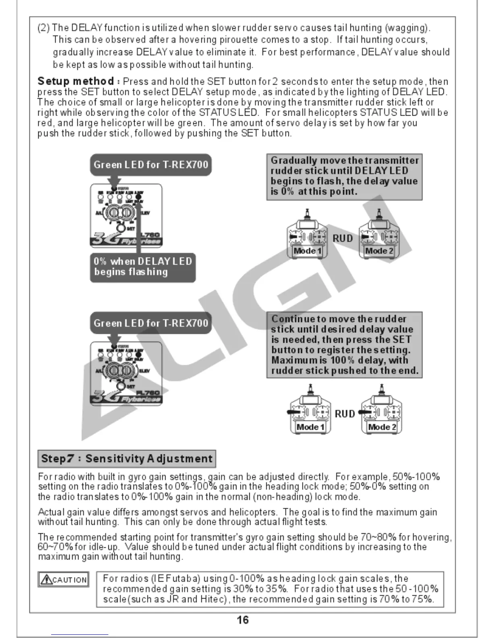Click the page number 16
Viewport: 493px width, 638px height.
tap(242, 620)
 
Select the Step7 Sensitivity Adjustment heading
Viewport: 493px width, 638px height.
tap(126, 459)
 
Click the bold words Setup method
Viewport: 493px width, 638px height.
tap(75, 81)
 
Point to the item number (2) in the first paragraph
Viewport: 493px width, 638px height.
tap(43, 28)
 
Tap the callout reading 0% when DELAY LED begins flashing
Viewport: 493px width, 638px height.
tap(143, 267)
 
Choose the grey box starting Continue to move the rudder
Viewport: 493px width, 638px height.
tap(344, 345)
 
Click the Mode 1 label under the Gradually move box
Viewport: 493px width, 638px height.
tap(307, 251)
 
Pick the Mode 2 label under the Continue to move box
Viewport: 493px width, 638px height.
tap(382, 427)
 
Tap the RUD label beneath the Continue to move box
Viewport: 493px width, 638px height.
tap(345, 414)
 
